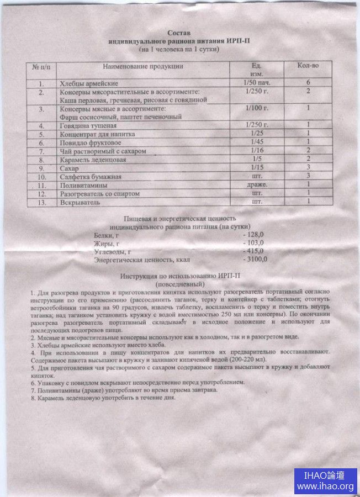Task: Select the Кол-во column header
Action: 308,66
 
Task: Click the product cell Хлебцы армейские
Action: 86,83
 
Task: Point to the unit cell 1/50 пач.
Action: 256,83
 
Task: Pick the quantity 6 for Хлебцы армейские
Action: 308,83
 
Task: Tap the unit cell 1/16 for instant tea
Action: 255,151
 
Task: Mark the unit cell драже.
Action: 257,184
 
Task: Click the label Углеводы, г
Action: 113,251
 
